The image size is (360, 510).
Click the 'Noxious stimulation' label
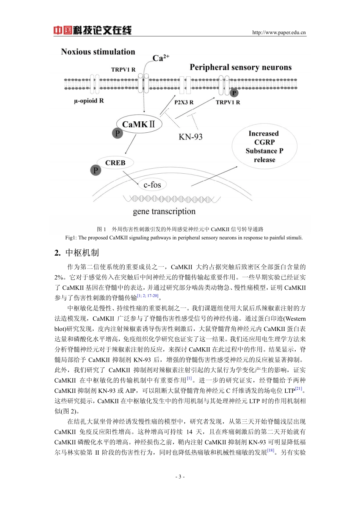[x=98, y=52]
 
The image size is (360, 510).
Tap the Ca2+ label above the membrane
[x=160, y=58]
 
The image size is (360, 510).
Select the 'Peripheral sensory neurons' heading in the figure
[x=241, y=67]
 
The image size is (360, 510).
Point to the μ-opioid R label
[x=89, y=101]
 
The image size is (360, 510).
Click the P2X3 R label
[x=184, y=102]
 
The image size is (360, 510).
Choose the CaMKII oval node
[x=139, y=124]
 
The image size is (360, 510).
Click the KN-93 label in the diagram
[x=191, y=137]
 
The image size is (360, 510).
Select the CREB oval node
[x=115, y=163]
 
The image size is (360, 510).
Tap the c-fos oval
[x=152, y=185]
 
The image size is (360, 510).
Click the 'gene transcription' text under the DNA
[x=164, y=211]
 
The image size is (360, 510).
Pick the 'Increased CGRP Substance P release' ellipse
[x=264, y=146]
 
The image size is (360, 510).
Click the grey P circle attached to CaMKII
[x=117, y=133]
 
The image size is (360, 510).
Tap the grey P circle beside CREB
[x=95, y=170]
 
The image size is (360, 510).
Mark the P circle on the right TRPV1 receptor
[x=234, y=93]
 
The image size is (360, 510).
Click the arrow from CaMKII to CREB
[x=130, y=144]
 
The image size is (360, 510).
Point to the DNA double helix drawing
[x=171, y=199]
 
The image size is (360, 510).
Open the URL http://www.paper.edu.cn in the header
[x=279, y=33]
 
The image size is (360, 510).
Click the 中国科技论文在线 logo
[x=92, y=30]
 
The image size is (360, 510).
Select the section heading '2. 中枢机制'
[x=77, y=253]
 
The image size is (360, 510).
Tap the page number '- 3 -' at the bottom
[x=180, y=477]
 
